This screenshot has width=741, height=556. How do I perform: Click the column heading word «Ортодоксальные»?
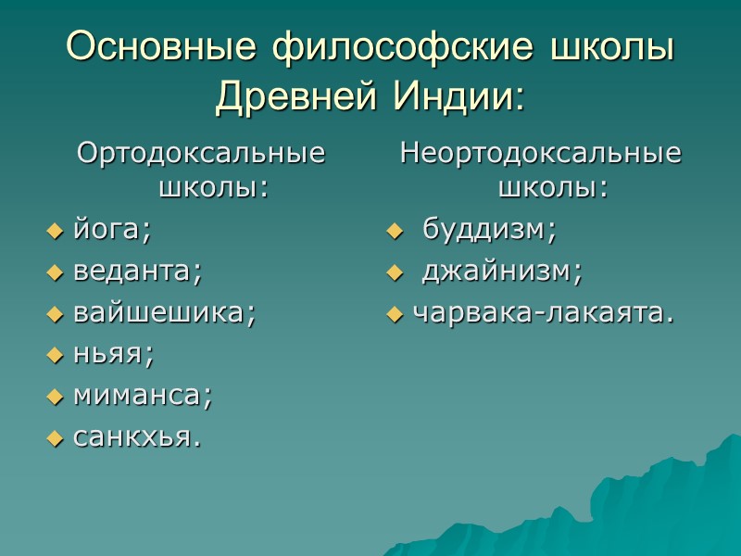202,153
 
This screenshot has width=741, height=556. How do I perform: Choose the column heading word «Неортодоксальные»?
540,153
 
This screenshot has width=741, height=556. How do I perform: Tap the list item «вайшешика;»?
164,312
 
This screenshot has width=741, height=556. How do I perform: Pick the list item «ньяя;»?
113,354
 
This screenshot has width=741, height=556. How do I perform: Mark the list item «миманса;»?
143,396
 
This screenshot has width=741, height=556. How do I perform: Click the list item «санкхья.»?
136,437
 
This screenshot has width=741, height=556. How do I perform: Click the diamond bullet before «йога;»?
54,230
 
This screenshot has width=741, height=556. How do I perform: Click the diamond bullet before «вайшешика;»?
54,313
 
